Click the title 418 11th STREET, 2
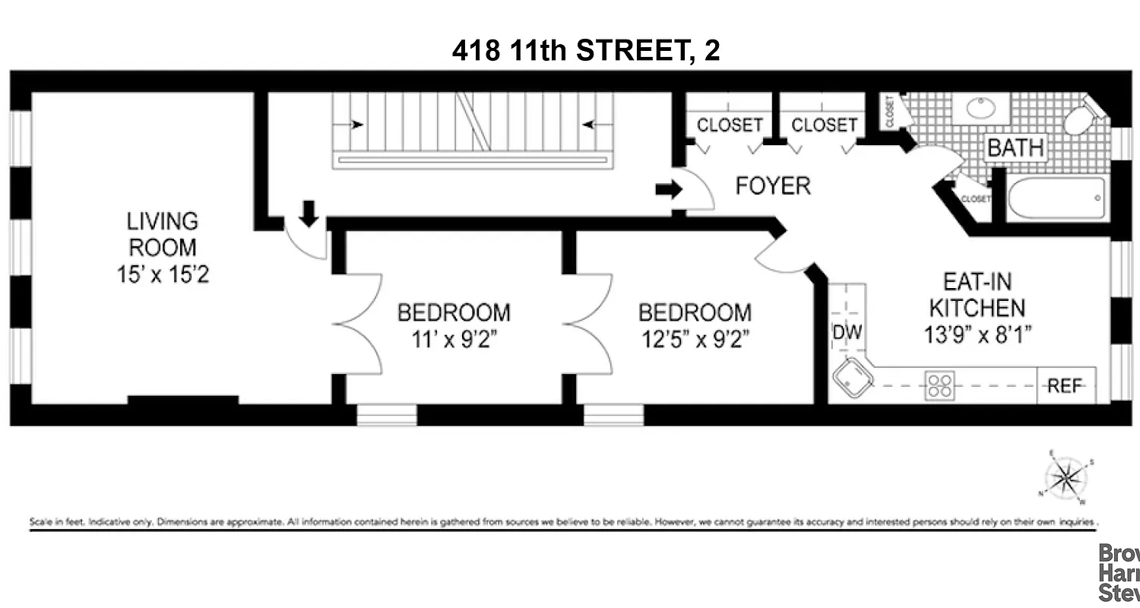(586, 50)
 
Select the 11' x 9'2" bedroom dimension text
(454, 338)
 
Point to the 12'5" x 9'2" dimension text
(695, 338)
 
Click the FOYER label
(773, 185)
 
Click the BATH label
(1015, 147)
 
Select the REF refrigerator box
(1065, 386)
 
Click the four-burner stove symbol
(939, 385)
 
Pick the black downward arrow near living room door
(309, 212)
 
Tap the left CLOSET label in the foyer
(730, 125)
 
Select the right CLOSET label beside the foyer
(825, 125)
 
